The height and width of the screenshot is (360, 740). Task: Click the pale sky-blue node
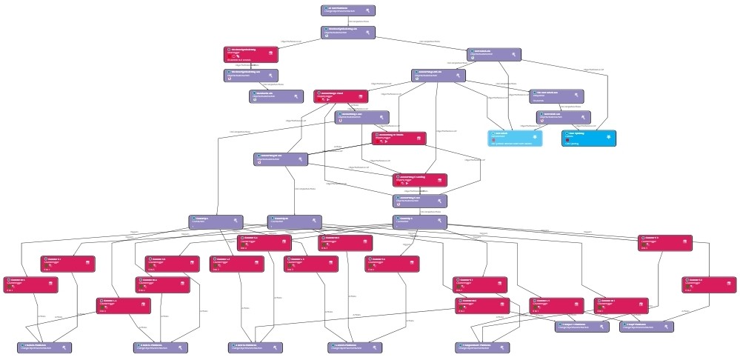tap(516, 138)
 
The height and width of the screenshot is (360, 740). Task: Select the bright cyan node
tap(589, 138)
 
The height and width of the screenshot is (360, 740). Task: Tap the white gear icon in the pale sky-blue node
tap(535, 136)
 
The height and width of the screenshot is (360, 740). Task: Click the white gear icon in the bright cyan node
tap(609, 136)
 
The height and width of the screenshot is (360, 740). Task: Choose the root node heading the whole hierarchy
tap(348, 10)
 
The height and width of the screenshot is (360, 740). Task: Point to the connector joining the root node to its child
tap(348, 21)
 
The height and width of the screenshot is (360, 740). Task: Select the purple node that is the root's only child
tap(348, 33)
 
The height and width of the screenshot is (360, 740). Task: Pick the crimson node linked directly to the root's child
tap(250, 54)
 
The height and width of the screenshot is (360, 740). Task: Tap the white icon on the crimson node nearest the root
tap(271, 53)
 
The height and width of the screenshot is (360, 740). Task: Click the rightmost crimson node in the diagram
tap(708, 284)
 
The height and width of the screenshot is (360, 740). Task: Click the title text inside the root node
tap(341, 8)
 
